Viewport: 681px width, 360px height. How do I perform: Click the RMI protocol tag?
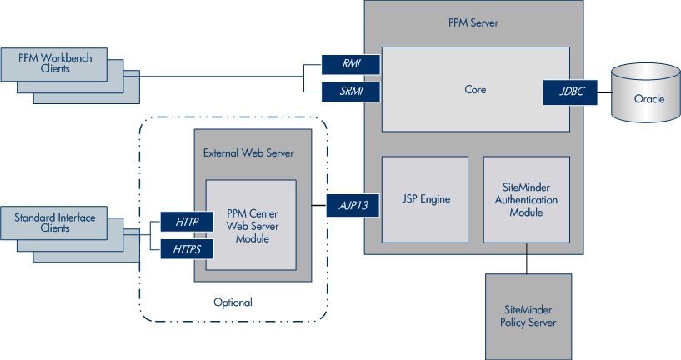pos(351,64)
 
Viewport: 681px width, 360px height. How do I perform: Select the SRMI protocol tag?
pos(351,89)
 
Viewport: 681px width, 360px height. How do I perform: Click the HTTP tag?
pos(187,222)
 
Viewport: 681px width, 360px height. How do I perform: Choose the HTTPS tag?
pos(187,247)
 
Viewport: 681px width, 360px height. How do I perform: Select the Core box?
pos(475,89)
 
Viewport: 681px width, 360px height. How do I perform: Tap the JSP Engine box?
pos(424,199)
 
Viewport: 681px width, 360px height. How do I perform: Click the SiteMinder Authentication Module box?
pos(526,200)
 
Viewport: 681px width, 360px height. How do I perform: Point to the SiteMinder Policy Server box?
pos(528,316)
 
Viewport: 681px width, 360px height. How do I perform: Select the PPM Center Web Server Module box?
pos(251,225)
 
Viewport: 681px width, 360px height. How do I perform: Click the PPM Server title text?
pos(473,22)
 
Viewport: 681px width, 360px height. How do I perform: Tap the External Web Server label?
pos(248,153)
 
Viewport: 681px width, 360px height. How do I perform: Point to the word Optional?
pos(233,302)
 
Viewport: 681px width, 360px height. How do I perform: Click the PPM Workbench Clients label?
pos(54,63)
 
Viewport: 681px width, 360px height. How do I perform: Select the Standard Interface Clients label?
pos(54,223)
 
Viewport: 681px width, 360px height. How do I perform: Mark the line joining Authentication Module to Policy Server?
pos(526,258)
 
